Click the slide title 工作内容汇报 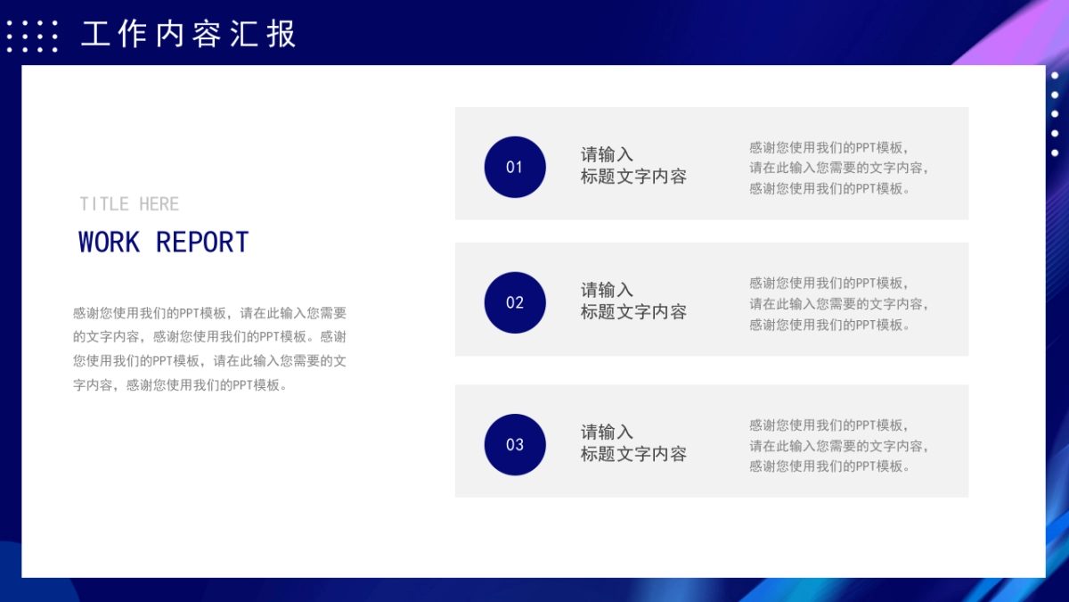pos(188,35)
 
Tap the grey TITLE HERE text pos(129,204)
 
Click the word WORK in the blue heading pos(109,243)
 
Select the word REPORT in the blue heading pos(202,243)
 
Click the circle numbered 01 pos(515,167)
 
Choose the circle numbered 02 pos(515,302)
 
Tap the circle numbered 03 pos(515,444)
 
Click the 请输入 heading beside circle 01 pos(607,154)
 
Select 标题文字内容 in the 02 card pos(633,312)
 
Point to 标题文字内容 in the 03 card pos(633,454)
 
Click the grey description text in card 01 pos(839,168)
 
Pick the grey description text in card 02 pos(839,303)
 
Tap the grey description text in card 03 pos(839,446)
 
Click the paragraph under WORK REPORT pos(210,349)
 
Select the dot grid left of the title pos(32,37)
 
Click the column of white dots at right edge pos(1055,113)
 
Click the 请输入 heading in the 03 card pos(607,433)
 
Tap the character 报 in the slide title pos(282,35)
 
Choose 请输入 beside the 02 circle pos(607,290)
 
